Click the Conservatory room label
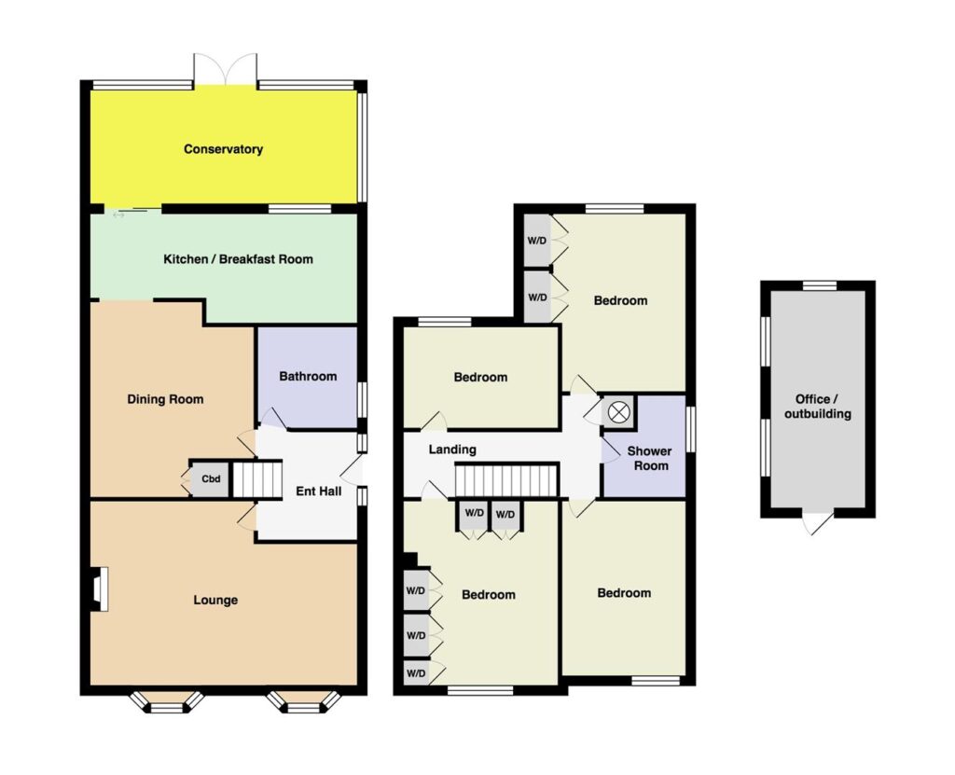click(223, 149)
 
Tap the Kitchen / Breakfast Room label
click(238, 259)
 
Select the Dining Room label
click(165, 400)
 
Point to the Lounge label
click(215, 601)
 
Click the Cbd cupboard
click(211, 478)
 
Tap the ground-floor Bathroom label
click(308, 377)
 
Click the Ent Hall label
click(319, 491)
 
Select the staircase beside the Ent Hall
click(258, 479)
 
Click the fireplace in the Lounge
click(100, 588)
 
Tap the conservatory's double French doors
click(226, 69)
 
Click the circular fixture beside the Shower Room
click(618, 412)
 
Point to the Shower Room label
click(650, 458)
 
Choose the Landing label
click(452, 450)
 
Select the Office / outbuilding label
click(817, 407)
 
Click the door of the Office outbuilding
click(817, 522)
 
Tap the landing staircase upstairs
click(506, 480)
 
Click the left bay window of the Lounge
click(166, 702)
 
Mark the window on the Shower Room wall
click(691, 429)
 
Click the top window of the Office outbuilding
click(819, 285)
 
